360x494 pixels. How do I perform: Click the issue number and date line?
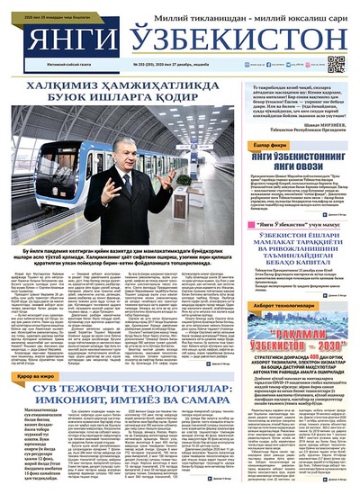click(189, 66)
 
